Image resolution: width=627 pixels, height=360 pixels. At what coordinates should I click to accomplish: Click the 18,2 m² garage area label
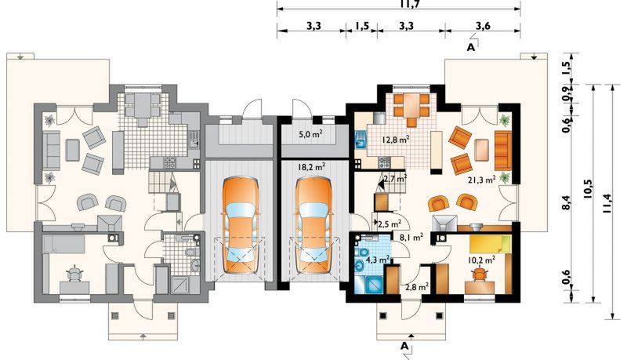(x=311, y=166)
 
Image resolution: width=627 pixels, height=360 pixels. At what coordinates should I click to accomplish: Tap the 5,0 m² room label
(x=311, y=134)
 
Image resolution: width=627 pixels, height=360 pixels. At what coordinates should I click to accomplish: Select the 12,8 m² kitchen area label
(x=396, y=140)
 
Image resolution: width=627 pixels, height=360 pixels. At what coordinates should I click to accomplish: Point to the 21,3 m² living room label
(x=482, y=180)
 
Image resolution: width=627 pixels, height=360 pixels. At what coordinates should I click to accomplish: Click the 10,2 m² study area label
(x=482, y=260)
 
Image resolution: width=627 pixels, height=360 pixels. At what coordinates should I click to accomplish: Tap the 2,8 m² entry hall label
(x=417, y=286)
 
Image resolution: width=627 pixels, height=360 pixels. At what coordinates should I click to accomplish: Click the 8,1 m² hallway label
(x=411, y=238)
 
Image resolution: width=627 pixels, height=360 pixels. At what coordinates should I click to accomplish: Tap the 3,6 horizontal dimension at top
(x=483, y=26)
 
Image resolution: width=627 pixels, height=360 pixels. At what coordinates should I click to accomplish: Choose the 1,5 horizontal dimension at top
(x=361, y=26)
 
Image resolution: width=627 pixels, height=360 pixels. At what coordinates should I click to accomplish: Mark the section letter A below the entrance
(x=405, y=345)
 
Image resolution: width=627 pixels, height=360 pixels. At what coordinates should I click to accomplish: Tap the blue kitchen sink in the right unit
(x=361, y=140)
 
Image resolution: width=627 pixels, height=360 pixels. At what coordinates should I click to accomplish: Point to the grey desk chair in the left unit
(x=74, y=274)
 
